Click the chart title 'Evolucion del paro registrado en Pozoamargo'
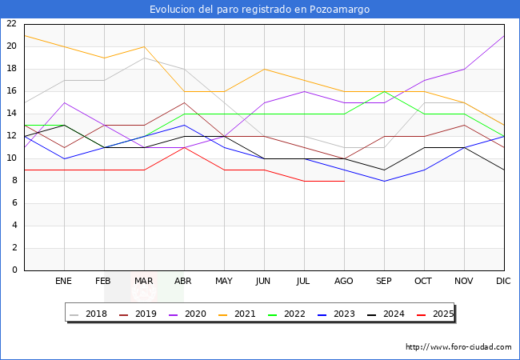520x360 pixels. pyautogui.click(x=260, y=10)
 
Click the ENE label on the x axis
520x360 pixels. pyautogui.click(x=64, y=282)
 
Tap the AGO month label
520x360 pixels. pyautogui.click(x=344, y=282)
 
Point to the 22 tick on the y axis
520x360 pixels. pyautogui.click(x=11, y=24)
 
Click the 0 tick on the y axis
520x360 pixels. pyautogui.click(x=14, y=270)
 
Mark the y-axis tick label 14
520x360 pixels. pyautogui.click(x=11, y=114)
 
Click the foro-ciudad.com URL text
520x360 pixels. pyautogui.click(x=458, y=347)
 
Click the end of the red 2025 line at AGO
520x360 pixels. pyautogui.click(x=344, y=181)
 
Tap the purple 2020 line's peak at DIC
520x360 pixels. pyautogui.click(x=504, y=35)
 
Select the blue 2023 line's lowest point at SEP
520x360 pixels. pyautogui.click(x=384, y=181)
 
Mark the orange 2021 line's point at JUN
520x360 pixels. pyautogui.click(x=264, y=69)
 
